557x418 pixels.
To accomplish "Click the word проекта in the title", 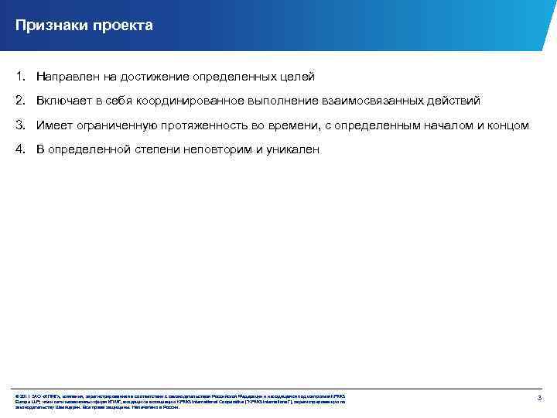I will pos(123,26).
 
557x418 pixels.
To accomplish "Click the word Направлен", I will pos(68,77).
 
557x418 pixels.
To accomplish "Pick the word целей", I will pos(297,77).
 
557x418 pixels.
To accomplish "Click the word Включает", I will pos(65,101).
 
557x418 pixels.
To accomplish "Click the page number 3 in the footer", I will pos(538,397).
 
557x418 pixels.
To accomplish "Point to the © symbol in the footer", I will pos(17,396).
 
